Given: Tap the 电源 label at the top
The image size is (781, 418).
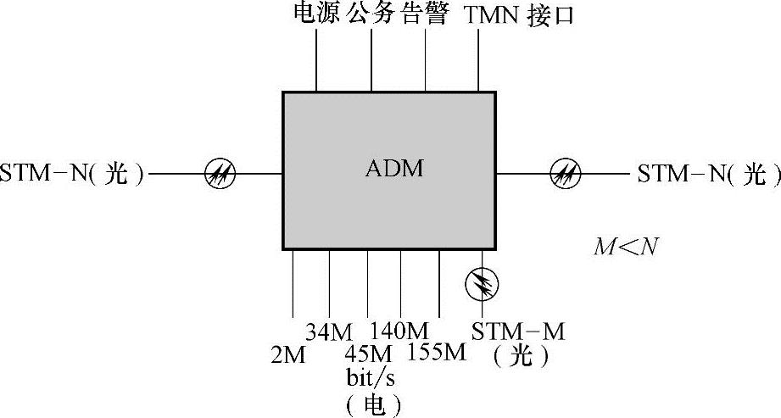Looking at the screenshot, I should coord(316,14).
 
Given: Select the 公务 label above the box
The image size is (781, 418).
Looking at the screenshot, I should coord(371,14).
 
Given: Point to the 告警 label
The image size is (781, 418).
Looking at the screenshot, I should coord(424,14).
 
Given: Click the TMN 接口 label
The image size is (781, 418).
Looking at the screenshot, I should coord(519,14).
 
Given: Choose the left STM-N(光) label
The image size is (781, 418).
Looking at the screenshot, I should coord(73,175).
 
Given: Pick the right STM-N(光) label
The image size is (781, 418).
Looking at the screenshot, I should coord(709,175).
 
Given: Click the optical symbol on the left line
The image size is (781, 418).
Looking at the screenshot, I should coord(220,175).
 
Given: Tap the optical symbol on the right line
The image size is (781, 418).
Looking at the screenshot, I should coord(565,175).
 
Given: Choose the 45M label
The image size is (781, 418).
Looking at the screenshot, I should coord(369,352).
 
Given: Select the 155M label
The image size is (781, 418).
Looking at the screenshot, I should coord(437,351).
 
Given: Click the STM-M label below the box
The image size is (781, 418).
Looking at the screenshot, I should coord(518,332).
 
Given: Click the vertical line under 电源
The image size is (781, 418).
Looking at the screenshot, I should coord(316,59).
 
